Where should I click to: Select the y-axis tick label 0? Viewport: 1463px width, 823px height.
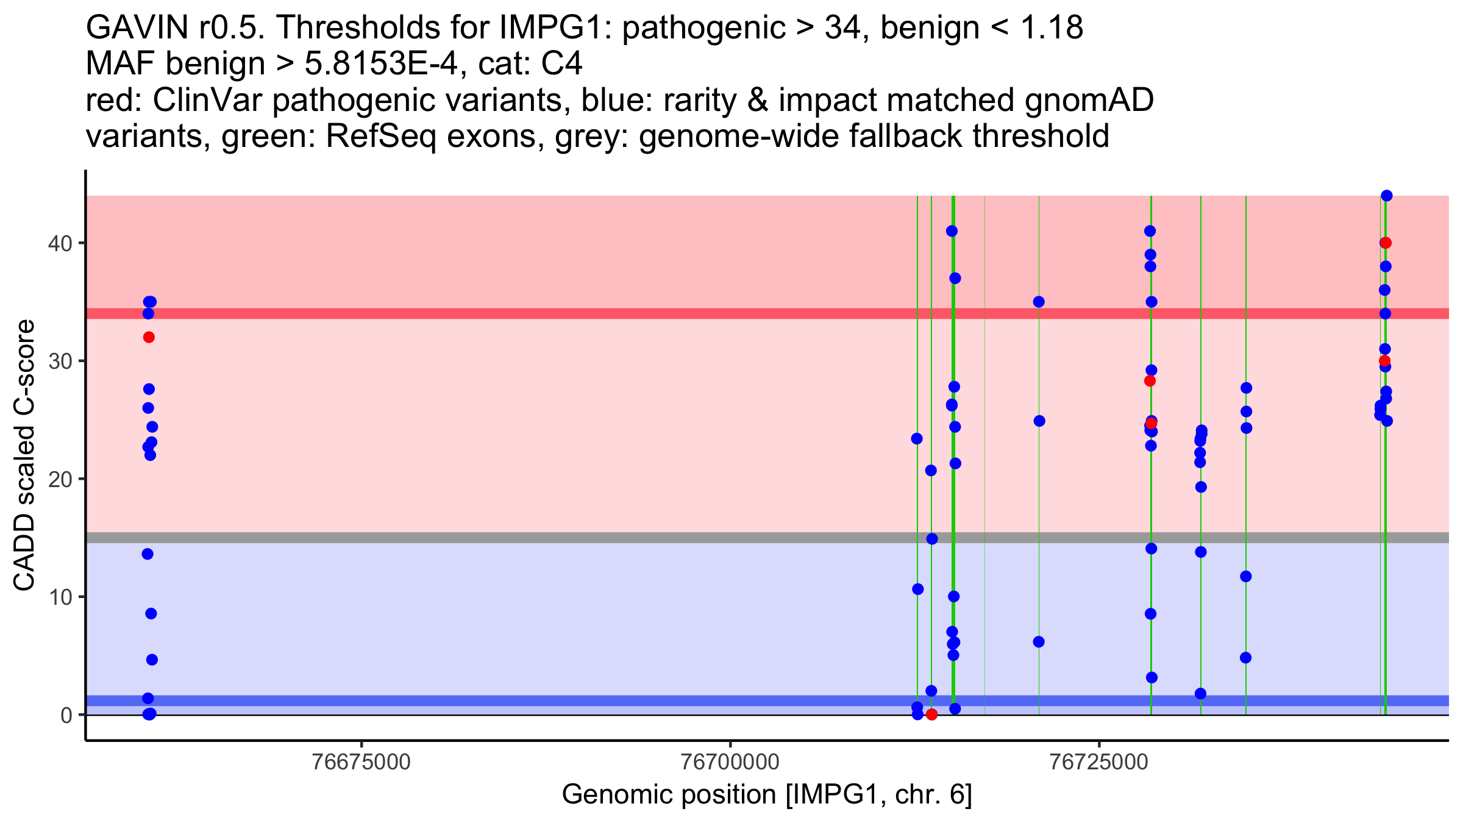tap(66, 715)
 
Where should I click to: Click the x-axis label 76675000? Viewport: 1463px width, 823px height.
tap(362, 763)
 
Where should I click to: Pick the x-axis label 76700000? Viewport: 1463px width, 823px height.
tap(730, 763)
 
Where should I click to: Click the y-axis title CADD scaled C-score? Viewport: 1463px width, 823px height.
tap(24, 456)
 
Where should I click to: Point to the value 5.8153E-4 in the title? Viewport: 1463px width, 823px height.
tap(380, 64)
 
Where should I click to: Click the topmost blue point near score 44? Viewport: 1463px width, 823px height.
tap(1386, 196)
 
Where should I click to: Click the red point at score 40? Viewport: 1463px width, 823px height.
tap(1386, 243)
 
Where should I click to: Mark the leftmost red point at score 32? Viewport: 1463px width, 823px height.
tap(149, 337)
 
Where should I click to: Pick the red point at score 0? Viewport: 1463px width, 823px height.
tap(931, 714)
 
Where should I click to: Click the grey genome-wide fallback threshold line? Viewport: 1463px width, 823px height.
tap(610, 538)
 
